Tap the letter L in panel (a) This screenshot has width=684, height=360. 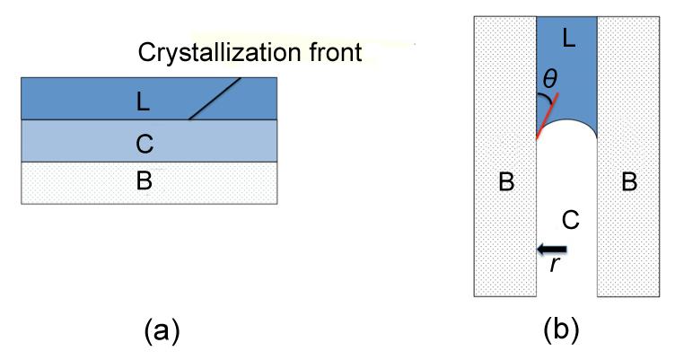coord(143,102)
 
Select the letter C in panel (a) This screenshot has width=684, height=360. coord(144,141)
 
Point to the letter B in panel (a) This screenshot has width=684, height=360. coord(144,180)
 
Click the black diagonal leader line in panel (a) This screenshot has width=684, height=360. coord(215,98)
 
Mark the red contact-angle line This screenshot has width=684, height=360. coord(548,117)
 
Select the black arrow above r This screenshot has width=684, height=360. coord(551,249)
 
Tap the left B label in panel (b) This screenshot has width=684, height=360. coord(505,182)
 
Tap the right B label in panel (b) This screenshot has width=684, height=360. coord(629,182)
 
